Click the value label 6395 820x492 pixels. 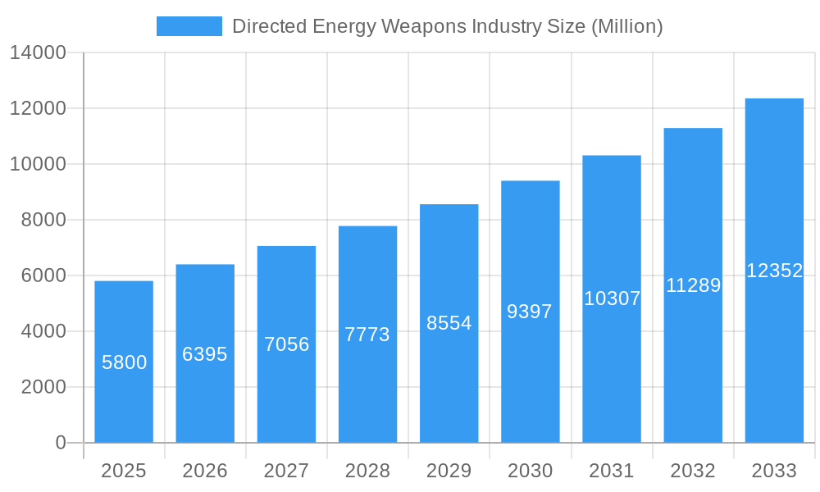coord(205,354)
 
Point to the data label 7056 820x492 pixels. coord(286,344)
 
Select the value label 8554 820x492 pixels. coord(449,323)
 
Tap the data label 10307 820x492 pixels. coord(612,298)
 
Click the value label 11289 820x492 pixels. coord(693,285)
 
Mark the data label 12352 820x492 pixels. coord(774,271)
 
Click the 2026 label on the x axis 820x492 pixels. coord(205,471)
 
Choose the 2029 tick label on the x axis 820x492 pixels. coord(449,471)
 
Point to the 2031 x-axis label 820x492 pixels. coord(612,471)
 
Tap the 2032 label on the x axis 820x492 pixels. coord(693,471)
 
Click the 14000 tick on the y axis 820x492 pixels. coord(37,53)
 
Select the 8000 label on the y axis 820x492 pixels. coord(43,220)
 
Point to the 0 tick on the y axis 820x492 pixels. coord(61,443)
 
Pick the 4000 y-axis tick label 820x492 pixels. coord(43,331)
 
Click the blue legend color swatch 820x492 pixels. coord(189,26)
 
